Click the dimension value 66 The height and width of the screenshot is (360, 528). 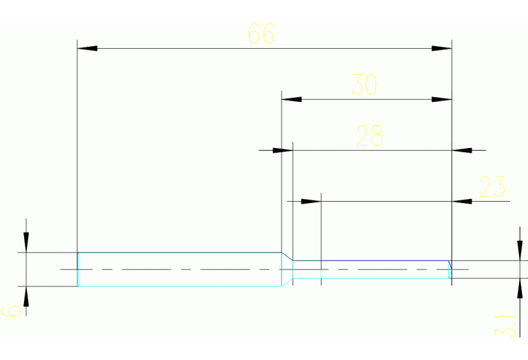261,34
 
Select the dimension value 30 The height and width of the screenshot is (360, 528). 364,85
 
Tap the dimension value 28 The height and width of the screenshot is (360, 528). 369,136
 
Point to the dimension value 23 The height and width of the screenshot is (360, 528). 492,187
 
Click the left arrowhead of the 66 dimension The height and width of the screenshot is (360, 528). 87,48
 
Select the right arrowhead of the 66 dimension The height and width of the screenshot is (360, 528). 441,48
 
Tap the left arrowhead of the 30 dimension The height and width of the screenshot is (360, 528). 292,99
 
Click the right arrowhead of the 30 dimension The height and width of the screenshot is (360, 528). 441,99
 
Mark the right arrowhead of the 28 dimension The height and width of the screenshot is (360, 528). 462,149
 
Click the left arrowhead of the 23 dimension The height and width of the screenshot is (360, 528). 312,201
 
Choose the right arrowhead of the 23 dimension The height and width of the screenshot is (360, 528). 462,201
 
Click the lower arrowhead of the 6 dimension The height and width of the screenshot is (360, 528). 26,296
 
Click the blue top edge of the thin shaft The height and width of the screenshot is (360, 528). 386,261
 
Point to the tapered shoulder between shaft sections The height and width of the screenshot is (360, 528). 287,257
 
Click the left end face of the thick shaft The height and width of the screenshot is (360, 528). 78,269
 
